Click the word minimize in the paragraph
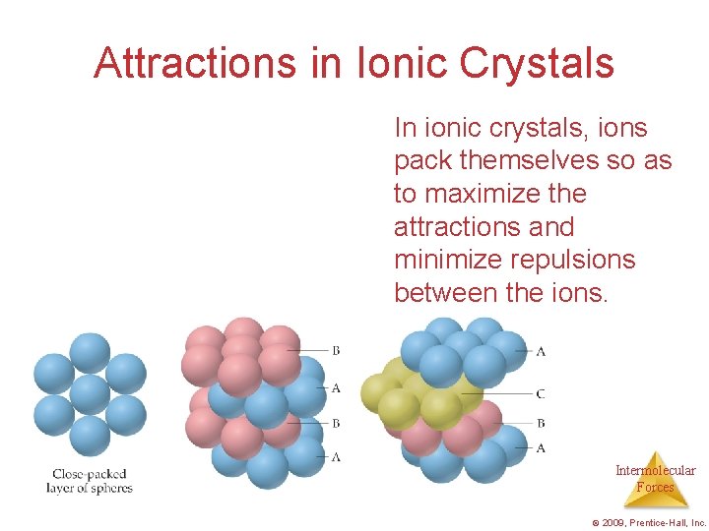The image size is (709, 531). pyautogui.click(x=449, y=260)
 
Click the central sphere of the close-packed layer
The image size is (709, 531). pyautogui.click(x=90, y=393)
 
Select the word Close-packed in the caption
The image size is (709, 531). pyautogui.click(x=90, y=475)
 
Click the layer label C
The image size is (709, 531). pyautogui.click(x=541, y=394)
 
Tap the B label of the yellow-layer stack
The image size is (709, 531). pyautogui.click(x=541, y=423)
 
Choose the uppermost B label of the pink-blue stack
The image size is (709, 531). pyautogui.click(x=337, y=350)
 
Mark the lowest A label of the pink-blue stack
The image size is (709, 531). pyautogui.click(x=337, y=457)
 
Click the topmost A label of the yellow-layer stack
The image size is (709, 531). pyautogui.click(x=541, y=350)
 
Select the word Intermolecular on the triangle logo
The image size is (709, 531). pyautogui.click(x=655, y=471)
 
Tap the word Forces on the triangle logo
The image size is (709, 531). pyautogui.click(x=655, y=487)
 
